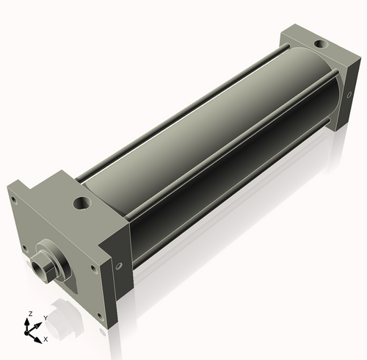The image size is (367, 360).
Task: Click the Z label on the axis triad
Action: [x=29, y=314]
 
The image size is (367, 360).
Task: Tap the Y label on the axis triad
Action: [x=46, y=317]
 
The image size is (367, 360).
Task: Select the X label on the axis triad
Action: [x=46, y=339]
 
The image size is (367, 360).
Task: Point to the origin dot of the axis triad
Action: [x=30, y=331]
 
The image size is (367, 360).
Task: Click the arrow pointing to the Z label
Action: [x=29, y=321]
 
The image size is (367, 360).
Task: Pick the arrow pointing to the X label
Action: [x=38, y=336]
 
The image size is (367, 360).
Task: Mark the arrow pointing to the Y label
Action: [x=39, y=323]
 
